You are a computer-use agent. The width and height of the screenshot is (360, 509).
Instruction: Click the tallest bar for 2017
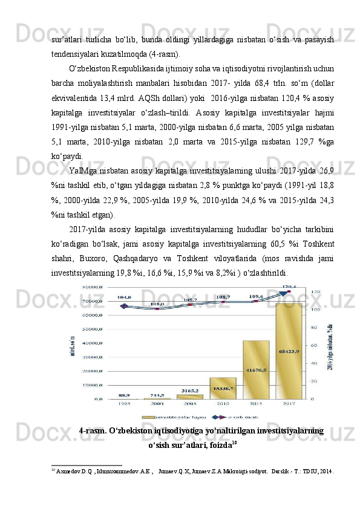click(x=289, y=351)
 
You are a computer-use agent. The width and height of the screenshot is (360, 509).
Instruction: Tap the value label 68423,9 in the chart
click(x=289, y=351)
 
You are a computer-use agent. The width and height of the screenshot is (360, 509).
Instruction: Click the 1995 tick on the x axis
click(x=123, y=403)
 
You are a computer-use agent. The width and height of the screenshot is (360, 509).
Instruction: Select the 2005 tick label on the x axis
click(x=189, y=403)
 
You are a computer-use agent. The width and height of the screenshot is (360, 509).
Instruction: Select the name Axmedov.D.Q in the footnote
click(x=71, y=470)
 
